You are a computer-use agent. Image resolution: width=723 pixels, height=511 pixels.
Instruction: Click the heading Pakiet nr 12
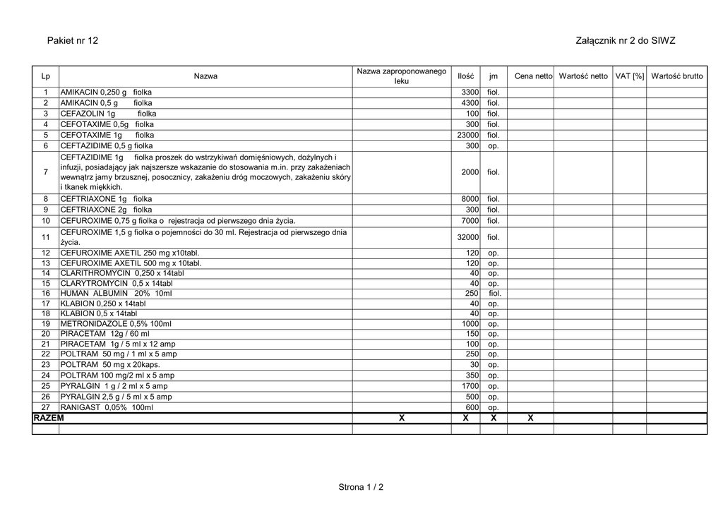(72, 41)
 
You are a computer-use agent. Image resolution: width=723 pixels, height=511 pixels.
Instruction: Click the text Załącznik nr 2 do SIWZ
(626, 41)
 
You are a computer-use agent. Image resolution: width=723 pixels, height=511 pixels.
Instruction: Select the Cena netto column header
(533, 76)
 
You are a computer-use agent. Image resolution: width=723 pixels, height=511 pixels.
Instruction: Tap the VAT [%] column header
(629, 76)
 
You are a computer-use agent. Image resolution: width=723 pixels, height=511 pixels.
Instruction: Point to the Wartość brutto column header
(676, 76)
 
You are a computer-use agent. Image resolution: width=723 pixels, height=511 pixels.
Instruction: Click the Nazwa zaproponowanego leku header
(401, 76)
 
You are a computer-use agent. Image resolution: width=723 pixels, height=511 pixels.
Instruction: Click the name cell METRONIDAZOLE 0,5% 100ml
(116, 324)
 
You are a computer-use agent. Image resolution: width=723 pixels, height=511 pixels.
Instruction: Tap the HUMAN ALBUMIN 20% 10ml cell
(116, 293)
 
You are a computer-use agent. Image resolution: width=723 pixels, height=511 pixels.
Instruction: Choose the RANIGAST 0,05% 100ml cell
(107, 407)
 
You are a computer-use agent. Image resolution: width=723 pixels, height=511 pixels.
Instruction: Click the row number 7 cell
(45, 172)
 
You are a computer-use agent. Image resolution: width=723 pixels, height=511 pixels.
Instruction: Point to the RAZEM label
(49, 418)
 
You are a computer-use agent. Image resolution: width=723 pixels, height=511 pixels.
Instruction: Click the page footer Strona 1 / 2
(361, 487)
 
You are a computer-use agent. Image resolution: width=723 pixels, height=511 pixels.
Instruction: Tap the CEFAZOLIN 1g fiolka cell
(109, 114)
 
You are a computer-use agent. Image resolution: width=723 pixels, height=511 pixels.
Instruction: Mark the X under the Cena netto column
(530, 419)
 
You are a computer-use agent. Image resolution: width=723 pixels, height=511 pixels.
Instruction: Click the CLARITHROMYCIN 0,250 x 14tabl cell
(122, 273)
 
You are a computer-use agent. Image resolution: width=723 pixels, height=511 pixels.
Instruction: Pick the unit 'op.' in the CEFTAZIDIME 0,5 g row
(494, 146)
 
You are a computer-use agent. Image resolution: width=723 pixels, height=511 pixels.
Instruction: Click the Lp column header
(45, 76)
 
